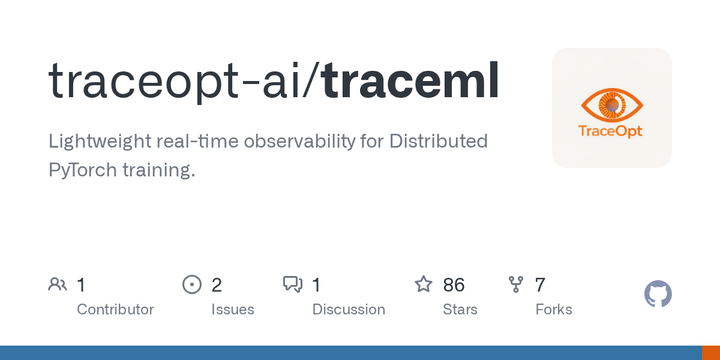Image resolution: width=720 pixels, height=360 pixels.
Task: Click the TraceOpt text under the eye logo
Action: (x=612, y=131)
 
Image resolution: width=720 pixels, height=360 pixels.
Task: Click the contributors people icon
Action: (x=57, y=285)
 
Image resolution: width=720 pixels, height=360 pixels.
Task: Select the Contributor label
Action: (x=115, y=309)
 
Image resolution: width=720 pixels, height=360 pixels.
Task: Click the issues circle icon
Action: (x=192, y=285)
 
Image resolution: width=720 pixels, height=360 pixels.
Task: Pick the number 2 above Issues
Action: (x=217, y=285)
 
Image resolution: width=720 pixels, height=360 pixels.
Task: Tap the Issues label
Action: (x=232, y=309)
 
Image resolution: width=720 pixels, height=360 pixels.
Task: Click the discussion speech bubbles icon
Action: (x=293, y=285)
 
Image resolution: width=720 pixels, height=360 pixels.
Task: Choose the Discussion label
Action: (x=348, y=309)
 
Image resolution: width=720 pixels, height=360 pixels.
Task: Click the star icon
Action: (x=424, y=285)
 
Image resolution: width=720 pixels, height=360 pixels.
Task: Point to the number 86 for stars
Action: (x=454, y=285)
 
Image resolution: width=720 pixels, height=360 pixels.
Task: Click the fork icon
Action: (x=516, y=285)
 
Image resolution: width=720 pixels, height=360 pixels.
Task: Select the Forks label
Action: (x=554, y=309)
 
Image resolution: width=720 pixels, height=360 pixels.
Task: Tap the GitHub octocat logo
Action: (x=658, y=294)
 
